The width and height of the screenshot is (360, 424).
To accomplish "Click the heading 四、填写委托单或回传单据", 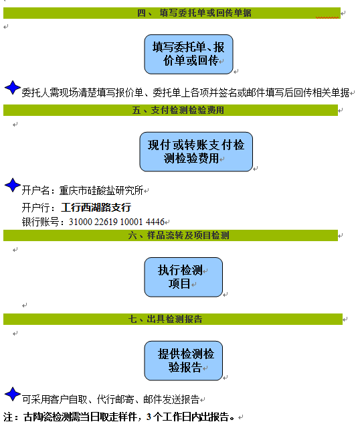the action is point(194,13).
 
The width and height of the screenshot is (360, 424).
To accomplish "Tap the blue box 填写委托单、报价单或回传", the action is point(189,54).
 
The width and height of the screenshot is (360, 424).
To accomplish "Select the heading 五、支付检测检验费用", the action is point(178,110).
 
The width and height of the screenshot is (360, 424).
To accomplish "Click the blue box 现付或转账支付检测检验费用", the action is point(196,151).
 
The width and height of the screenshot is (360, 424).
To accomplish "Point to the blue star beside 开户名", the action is point(13,185).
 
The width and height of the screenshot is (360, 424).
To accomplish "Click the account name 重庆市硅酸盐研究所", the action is point(101,190).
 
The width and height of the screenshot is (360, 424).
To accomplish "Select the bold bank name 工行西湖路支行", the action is point(96,208).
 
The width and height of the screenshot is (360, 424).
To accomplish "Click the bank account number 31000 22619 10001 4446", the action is point(116,222).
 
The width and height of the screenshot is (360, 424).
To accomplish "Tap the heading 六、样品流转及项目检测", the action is point(179,235).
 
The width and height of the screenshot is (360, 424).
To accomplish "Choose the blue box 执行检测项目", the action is point(183,277).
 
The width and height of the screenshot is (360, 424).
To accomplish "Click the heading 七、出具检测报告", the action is point(165,319).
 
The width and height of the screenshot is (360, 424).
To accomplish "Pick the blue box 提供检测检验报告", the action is point(183,361).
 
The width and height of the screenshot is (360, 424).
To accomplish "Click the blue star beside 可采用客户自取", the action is point(13,394).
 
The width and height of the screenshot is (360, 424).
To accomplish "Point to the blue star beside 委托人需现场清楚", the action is point(13,87).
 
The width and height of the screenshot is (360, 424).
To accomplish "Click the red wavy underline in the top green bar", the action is point(327,17).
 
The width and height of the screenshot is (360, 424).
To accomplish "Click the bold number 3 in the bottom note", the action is point(149,417).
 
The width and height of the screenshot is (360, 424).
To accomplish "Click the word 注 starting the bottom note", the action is point(8,417).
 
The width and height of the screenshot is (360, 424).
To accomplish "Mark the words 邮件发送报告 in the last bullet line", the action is point(171,399).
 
